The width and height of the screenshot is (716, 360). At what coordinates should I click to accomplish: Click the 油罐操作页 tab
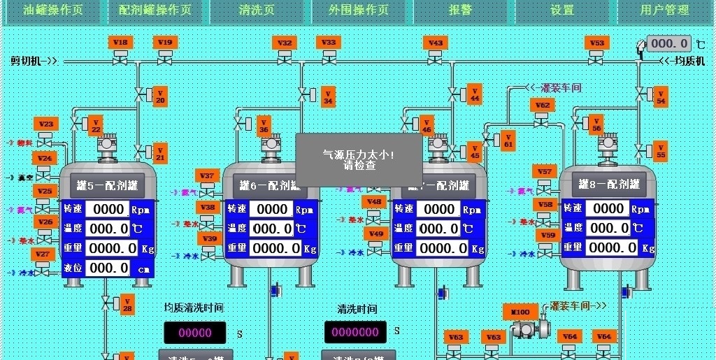[53, 10]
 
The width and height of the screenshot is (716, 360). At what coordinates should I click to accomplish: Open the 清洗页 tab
[257, 10]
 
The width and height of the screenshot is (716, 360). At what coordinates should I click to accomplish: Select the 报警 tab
[460, 10]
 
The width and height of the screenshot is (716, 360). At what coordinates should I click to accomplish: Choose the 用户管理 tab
[664, 10]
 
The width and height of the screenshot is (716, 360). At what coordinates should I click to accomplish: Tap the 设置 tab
[562, 10]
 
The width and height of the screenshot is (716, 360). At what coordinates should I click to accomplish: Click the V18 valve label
[120, 42]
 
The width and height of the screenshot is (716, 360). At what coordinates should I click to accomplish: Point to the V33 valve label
[329, 42]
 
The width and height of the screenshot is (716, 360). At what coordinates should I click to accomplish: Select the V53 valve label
[596, 42]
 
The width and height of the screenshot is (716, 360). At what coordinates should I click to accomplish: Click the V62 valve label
[542, 106]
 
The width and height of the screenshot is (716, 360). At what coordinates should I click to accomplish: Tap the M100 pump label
[521, 312]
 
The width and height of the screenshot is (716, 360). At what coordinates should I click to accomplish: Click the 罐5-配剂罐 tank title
[106, 186]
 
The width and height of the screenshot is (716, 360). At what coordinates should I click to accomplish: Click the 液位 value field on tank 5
[108, 268]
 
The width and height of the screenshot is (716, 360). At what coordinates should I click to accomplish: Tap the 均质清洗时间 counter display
[195, 333]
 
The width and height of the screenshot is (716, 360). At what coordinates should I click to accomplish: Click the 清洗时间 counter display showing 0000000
[355, 331]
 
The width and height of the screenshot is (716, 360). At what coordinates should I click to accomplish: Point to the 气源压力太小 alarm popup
[359, 160]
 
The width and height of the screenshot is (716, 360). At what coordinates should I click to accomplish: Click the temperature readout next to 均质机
[669, 43]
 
